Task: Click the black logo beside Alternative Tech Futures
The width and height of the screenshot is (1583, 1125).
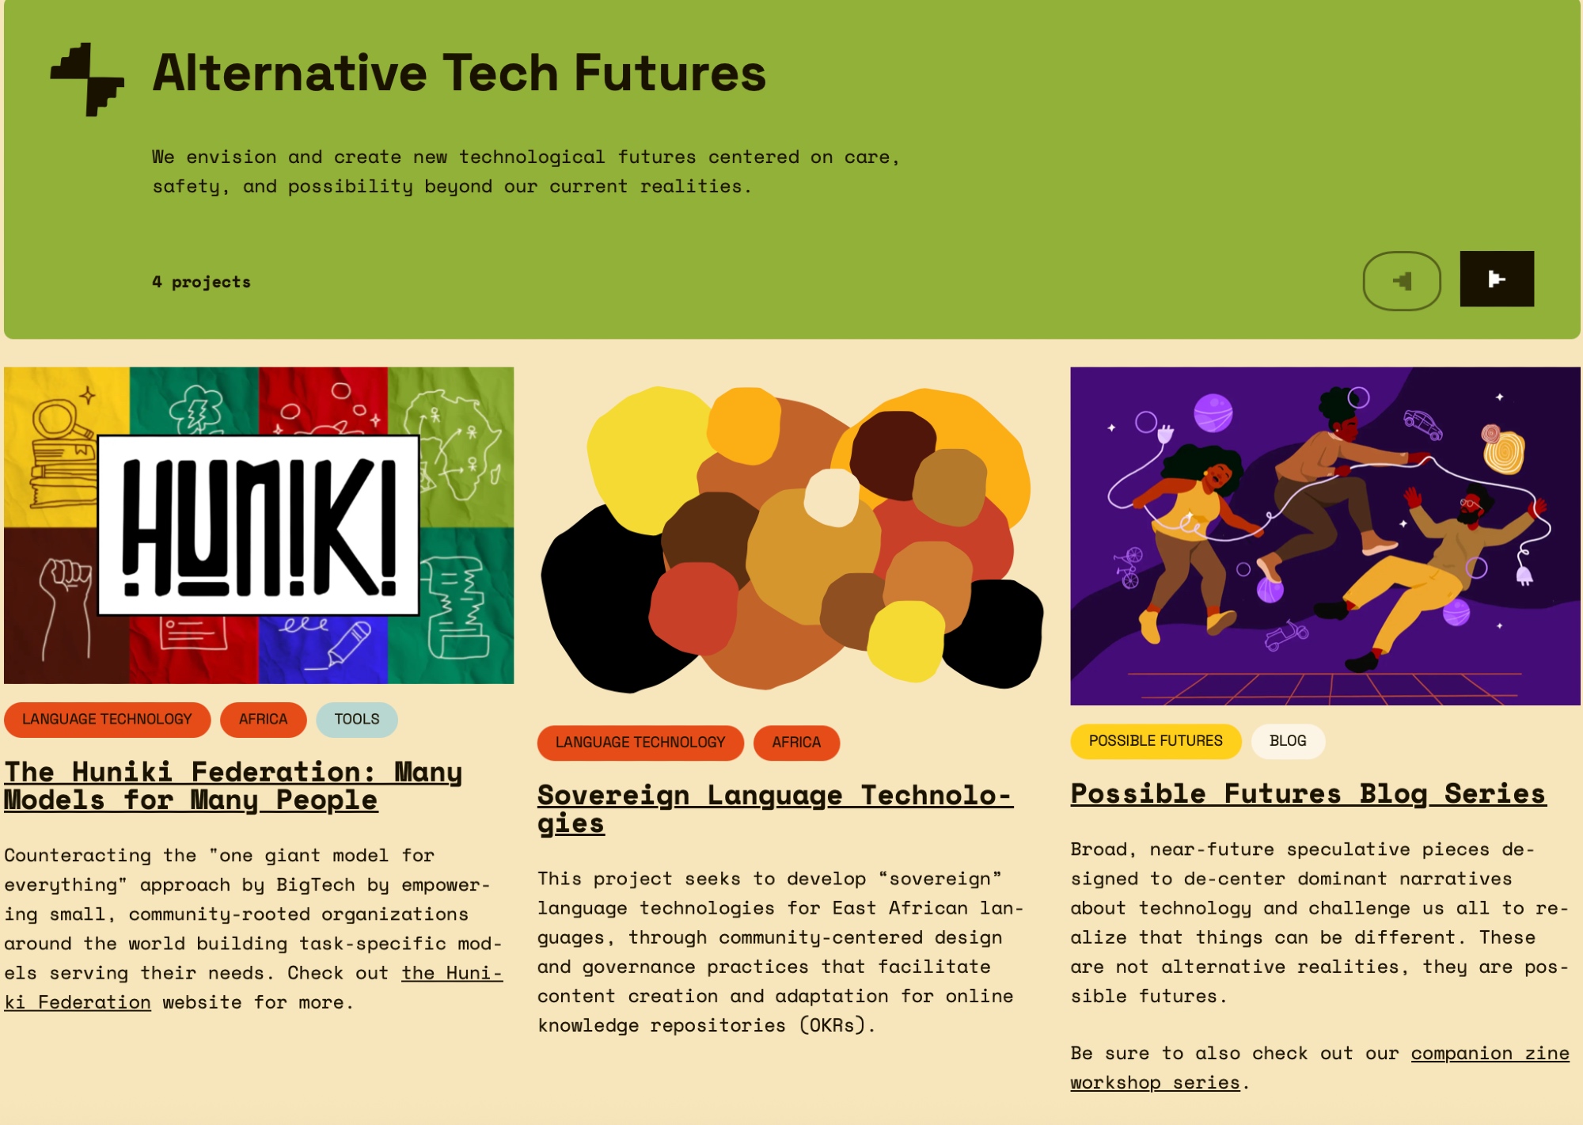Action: coord(87,79)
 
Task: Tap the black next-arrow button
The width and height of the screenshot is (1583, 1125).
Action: coord(1497,279)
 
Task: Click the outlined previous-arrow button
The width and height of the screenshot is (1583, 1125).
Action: coord(1402,281)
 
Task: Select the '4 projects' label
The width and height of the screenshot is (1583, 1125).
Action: coord(201,282)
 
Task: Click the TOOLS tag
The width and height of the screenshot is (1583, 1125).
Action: coord(357,720)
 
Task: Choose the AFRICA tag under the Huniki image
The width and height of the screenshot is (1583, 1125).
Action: coord(263,720)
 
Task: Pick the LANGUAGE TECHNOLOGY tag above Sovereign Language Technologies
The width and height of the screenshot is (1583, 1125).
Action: coord(640,743)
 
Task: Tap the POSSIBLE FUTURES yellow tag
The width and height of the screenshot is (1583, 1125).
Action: coord(1156,741)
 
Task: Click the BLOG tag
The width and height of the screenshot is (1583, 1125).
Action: coord(1288,741)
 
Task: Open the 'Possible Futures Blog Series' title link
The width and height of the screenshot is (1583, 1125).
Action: coord(1308,794)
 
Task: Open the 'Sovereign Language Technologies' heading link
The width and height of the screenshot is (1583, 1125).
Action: coord(775,809)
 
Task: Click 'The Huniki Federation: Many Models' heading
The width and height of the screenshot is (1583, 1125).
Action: coord(233,786)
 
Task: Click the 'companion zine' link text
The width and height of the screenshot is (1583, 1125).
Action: coord(1490,1054)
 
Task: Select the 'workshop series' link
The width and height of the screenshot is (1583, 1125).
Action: coord(1155,1083)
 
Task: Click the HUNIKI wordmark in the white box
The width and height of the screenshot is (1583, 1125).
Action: coord(259,526)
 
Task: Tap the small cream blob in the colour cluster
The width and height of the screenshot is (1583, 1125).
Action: coord(831,497)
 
